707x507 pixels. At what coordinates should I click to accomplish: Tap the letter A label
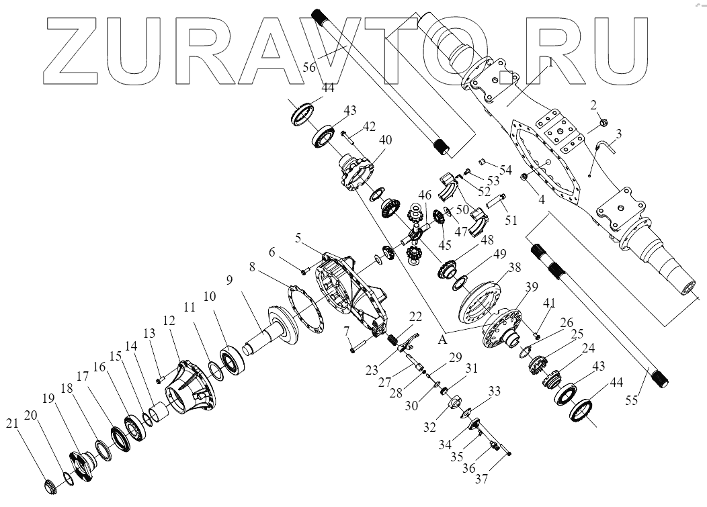(x=442, y=340)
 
